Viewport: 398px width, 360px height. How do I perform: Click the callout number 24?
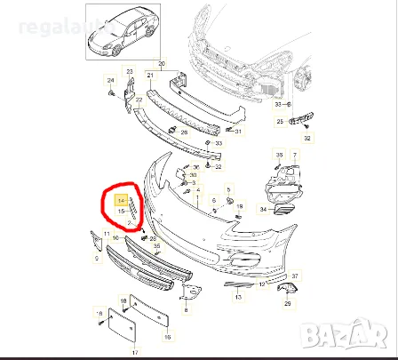point(110,82)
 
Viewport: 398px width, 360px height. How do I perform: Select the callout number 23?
point(128,71)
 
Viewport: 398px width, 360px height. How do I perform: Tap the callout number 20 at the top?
point(161,64)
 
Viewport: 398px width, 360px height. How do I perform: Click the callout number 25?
point(279,122)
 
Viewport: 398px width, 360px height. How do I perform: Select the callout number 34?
point(262,210)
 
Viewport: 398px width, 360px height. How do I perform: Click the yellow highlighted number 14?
point(121,202)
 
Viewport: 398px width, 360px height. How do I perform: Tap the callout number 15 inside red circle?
point(121,211)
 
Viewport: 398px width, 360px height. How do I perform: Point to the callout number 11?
point(106,234)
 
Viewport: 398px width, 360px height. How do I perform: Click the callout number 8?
point(184,310)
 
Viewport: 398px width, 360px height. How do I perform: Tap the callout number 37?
point(295,276)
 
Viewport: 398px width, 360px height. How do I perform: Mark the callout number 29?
point(287,303)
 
